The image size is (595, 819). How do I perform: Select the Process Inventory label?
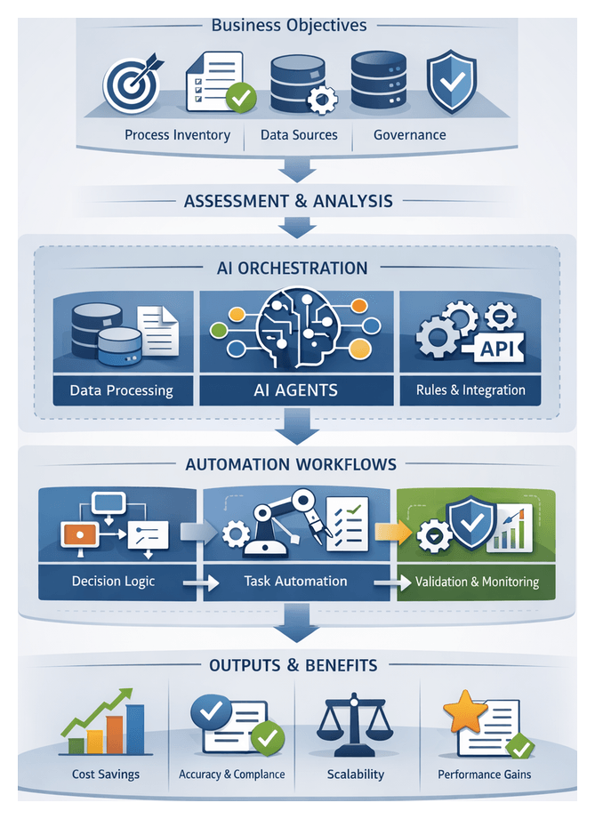pyautogui.click(x=177, y=135)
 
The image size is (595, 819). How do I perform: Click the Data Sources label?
pyautogui.click(x=299, y=135)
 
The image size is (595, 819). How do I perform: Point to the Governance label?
pyautogui.click(x=409, y=135)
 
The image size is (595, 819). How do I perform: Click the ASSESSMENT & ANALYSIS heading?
pyautogui.click(x=287, y=201)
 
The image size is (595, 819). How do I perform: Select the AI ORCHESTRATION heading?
pyautogui.click(x=292, y=268)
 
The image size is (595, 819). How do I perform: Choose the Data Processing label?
pyautogui.click(x=121, y=390)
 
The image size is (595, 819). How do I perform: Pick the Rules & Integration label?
pyautogui.click(x=470, y=389)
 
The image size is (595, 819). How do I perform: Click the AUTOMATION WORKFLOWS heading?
pyautogui.click(x=291, y=464)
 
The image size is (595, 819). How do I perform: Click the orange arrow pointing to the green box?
pyautogui.click(x=385, y=532)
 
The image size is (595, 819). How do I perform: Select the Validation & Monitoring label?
pyautogui.click(x=477, y=582)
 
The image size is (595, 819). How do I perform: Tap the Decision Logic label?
pyautogui.click(x=113, y=582)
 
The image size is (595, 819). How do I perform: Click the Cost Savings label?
pyautogui.click(x=106, y=774)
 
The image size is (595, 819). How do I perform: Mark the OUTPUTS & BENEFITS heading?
pyautogui.click(x=293, y=665)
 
